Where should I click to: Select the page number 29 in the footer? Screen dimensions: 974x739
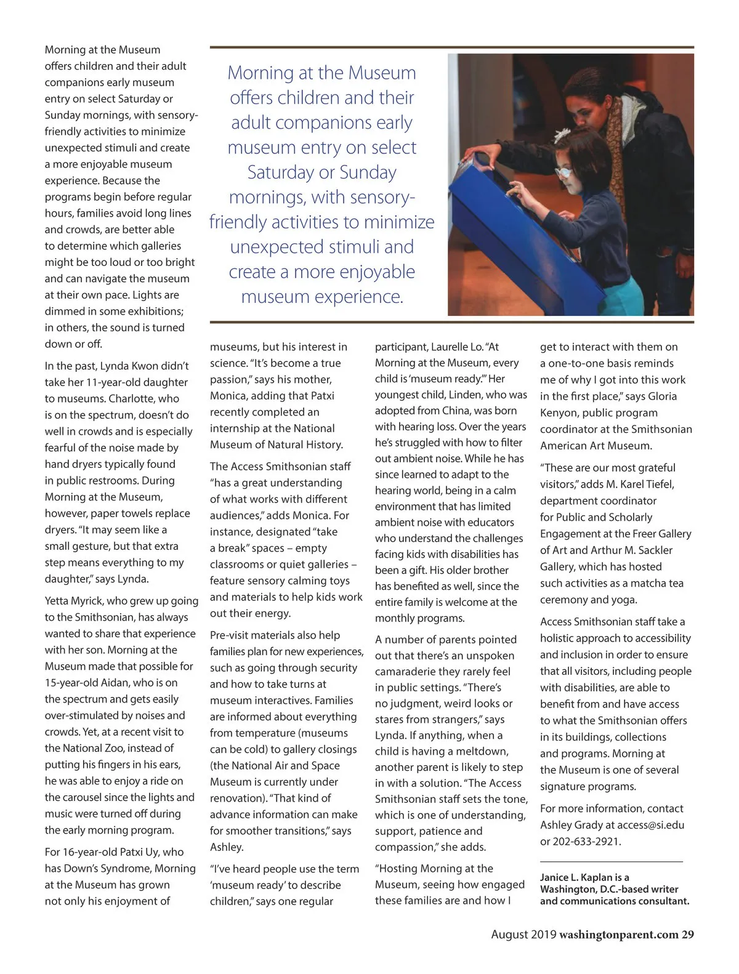pos(687,935)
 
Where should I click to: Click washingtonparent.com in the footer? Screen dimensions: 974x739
pos(618,935)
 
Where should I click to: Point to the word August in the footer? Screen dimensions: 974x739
pos(511,935)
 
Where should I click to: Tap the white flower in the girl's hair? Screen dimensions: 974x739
pos(562,135)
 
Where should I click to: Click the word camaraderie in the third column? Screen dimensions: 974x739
pos(411,672)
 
